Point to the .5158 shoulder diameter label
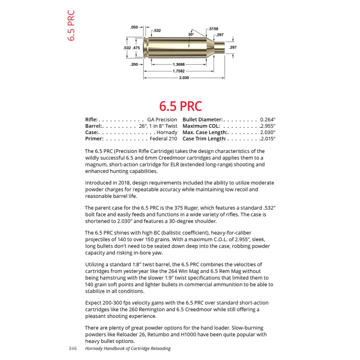coord(213,29)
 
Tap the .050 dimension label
coord(134,27)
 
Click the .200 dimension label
coord(134,64)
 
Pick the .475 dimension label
coord(136,47)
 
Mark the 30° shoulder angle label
coord(191,34)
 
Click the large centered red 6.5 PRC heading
coord(180,106)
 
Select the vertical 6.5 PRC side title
coord(71,26)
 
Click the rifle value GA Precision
coord(162,119)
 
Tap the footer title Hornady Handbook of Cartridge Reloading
coord(128,348)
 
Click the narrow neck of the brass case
coord(219,47)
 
